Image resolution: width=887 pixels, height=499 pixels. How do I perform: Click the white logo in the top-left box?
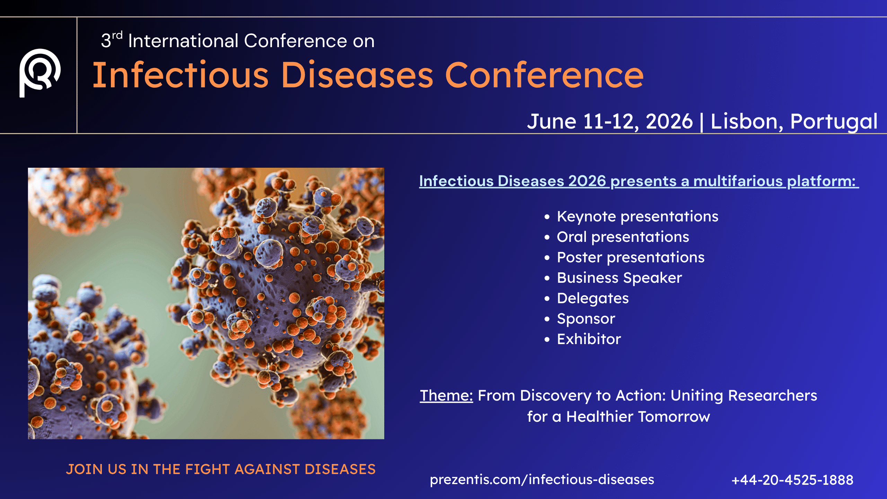click(x=39, y=73)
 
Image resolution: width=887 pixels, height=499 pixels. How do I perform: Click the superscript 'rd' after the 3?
click(x=117, y=35)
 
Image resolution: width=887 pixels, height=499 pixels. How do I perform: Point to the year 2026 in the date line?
click(x=669, y=122)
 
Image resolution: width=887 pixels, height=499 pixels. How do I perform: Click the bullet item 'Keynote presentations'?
click(x=637, y=217)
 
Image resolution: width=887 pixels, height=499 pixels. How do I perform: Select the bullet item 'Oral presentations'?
click(x=623, y=237)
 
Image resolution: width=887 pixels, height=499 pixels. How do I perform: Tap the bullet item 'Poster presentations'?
click(x=630, y=257)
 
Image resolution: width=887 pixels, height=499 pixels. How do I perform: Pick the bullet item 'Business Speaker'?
click(x=619, y=278)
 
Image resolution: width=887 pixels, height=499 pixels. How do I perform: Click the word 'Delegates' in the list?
click(x=592, y=298)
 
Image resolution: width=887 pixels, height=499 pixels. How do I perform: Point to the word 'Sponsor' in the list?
click(x=586, y=319)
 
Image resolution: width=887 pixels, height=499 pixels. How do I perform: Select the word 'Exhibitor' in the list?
click(x=589, y=339)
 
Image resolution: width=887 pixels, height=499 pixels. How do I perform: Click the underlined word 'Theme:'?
click(x=446, y=396)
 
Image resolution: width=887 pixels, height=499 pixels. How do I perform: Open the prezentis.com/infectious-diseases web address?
click(x=542, y=480)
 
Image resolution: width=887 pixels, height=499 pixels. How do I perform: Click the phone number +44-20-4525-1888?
click(x=792, y=480)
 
